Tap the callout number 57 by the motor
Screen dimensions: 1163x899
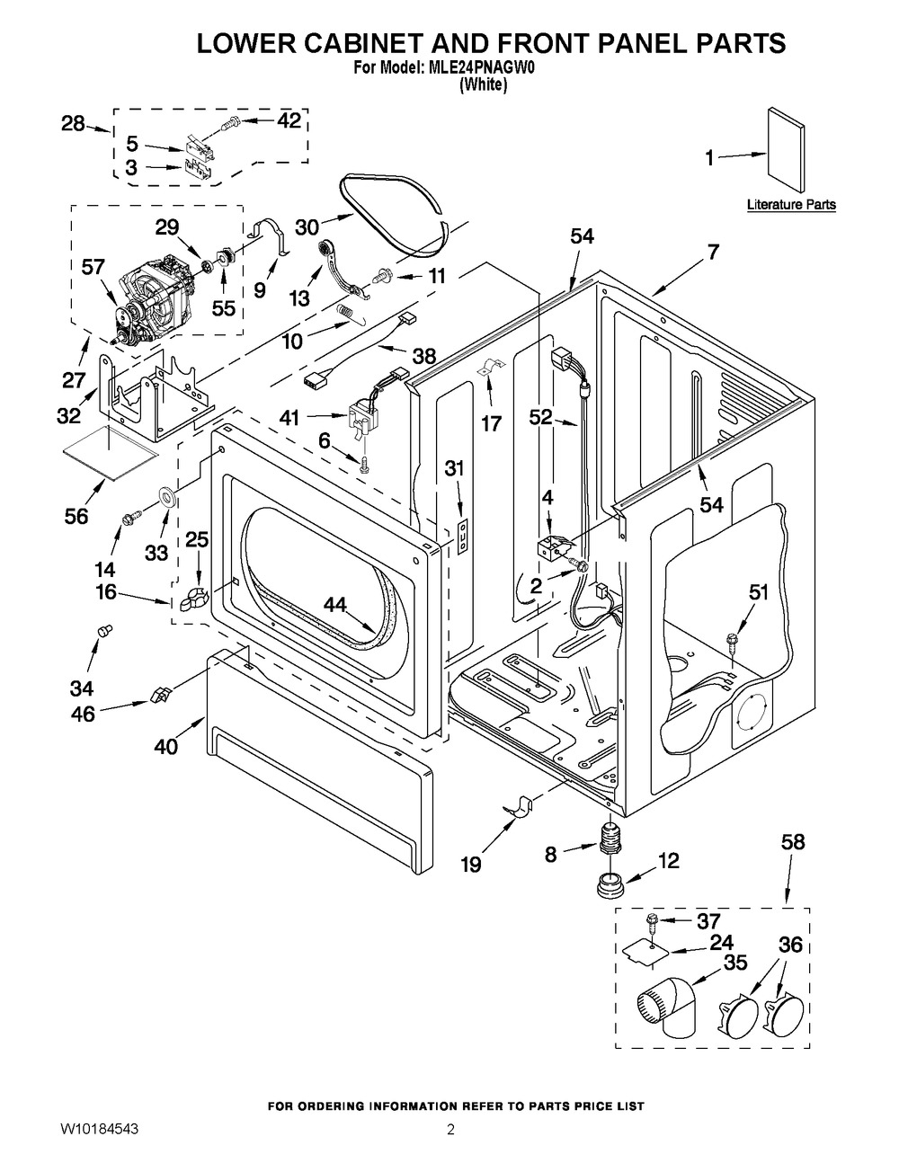(x=93, y=267)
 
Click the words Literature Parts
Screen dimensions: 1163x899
(x=791, y=205)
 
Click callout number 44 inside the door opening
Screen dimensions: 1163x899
(x=334, y=607)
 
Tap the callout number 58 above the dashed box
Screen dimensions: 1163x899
(x=793, y=843)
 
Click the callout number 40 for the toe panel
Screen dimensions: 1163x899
(x=166, y=745)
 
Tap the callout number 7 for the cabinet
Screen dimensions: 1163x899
(x=712, y=253)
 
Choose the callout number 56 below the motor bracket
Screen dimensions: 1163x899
(x=77, y=515)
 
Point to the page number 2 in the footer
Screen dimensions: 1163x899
(x=451, y=1130)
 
